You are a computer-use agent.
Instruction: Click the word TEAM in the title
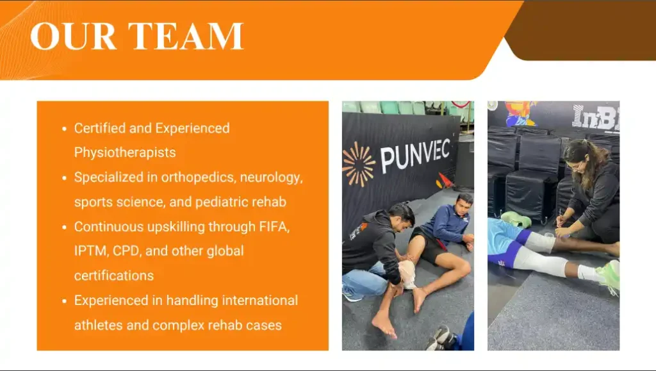coord(185,36)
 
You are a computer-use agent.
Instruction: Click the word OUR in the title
coord(73,36)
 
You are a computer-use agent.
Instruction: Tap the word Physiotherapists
coord(125,153)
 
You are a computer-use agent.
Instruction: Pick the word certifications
coord(114,276)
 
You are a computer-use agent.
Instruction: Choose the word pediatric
coord(221,202)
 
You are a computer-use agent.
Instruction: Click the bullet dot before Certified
coord(64,129)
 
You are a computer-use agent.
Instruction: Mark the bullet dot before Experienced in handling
coord(64,301)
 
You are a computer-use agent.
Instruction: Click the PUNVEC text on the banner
coord(415,156)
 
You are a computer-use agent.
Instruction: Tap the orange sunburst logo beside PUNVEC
coord(359,164)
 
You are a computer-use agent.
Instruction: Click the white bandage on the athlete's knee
coord(407,274)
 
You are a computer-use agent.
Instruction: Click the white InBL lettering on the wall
coord(596,117)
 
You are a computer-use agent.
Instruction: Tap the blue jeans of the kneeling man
coord(364,282)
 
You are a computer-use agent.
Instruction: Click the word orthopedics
coord(199,177)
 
